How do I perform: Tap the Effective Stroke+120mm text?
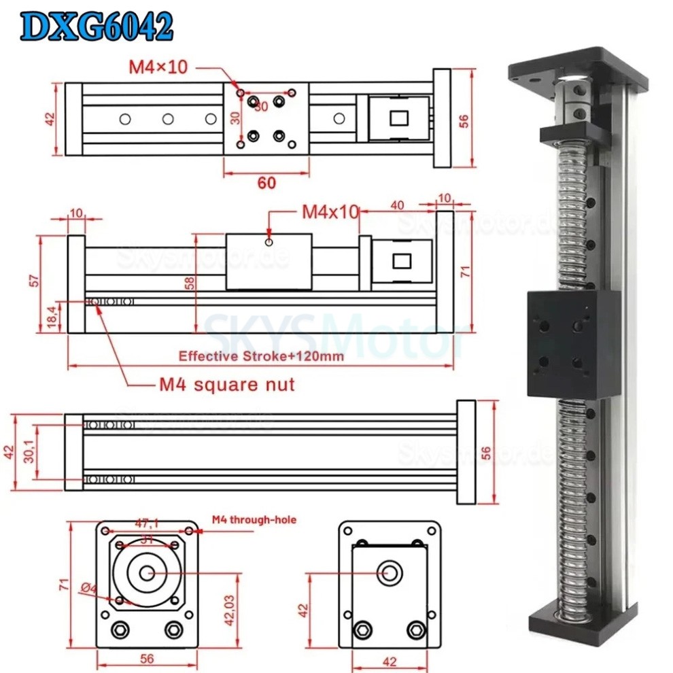coord(261,356)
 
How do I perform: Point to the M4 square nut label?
coord(227,385)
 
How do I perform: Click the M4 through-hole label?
coord(254,520)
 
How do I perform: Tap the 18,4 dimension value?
coord(50,316)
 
